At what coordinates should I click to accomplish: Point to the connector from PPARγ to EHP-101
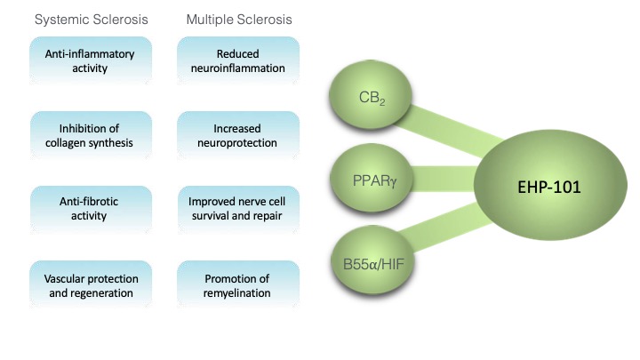point(436,184)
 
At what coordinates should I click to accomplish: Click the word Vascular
point(62,278)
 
